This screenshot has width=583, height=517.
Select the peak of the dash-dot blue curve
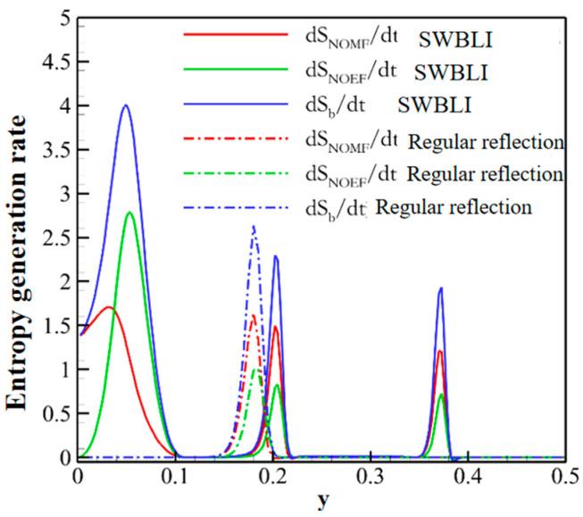(254, 226)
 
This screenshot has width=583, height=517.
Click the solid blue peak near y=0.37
(440, 288)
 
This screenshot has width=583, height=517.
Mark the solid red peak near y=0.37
(440, 351)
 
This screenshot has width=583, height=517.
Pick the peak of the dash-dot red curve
(254, 315)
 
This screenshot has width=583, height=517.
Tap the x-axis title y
(322, 502)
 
